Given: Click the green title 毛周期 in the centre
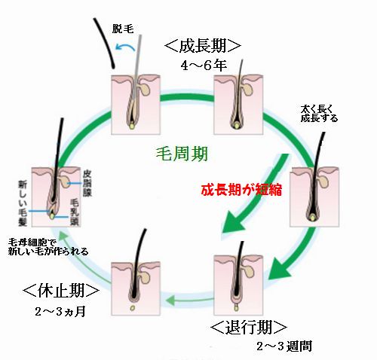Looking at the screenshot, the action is pyautogui.click(x=182, y=154).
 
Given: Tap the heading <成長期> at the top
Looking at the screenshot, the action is pyautogui.click(x=203, y=45).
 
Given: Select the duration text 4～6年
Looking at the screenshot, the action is pyautogui.click(x=204, y=66).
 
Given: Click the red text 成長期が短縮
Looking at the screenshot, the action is pyautogui.click(x=241, y=190).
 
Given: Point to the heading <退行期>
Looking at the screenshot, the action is pyautogui.click(x=249, y=328).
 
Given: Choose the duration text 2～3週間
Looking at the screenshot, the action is pyautogui.click(x=284, y=346).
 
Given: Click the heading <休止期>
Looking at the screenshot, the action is pyautogui.click(x=61, y=291).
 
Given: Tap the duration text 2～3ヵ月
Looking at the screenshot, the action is pyautogui.click(x=60, y=312).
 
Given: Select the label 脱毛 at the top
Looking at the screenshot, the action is pyautogui.click(x=122, y=29).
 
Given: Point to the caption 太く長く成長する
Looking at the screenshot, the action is pyautogui.click(x=319, y=114).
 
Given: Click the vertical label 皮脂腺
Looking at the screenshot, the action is pyautogui.click(x=87, y=184).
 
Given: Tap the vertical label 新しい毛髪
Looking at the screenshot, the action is pyautogui.click(x=23, y=203).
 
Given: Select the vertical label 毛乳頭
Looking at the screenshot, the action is pyautogui.click(x=75, y=212).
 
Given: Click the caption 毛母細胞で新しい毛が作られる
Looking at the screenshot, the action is pyautogui.click(x=48, y=247).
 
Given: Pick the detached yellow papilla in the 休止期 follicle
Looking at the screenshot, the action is pyautogui.click(x=132, y=307).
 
